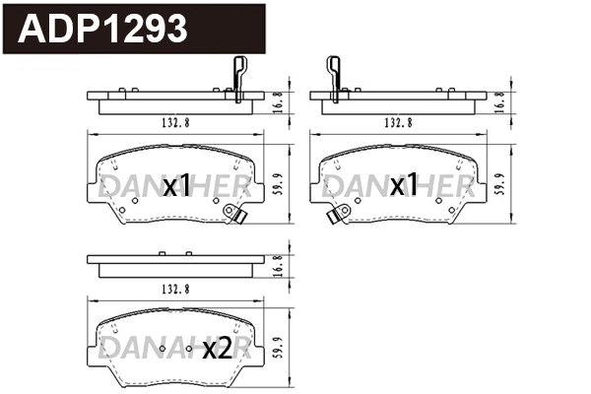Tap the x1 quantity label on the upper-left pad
click(176, 186)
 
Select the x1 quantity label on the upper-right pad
click(404, 186)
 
